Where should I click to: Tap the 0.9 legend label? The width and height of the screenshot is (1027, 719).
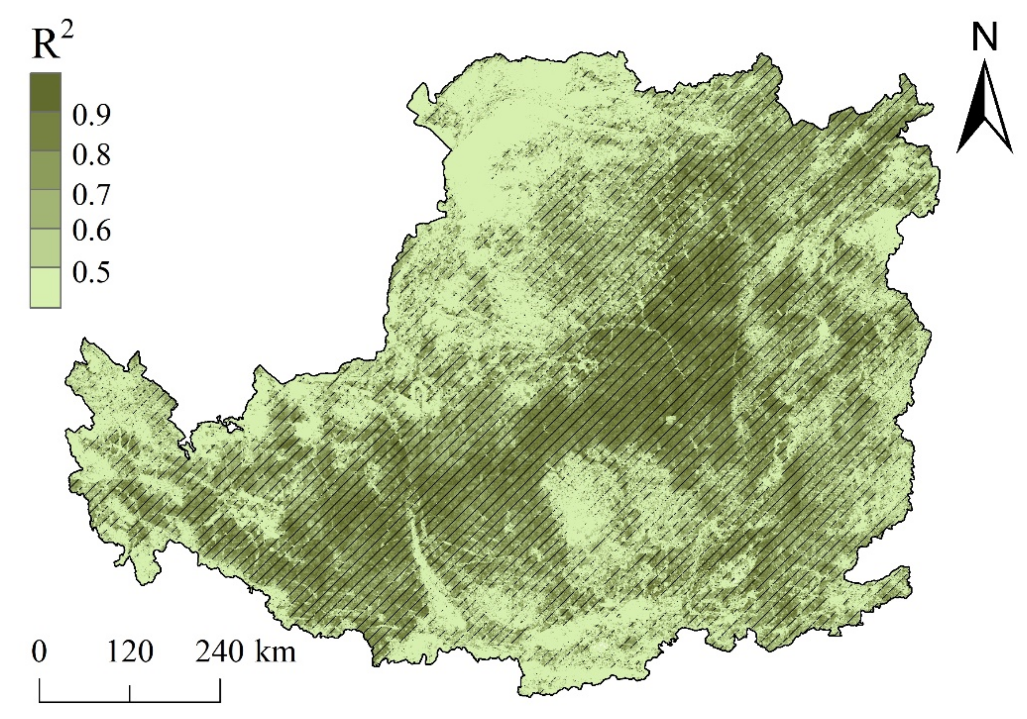(91, 116)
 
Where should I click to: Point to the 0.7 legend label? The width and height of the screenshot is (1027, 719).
(91, 195)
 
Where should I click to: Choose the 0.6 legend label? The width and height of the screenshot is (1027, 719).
(91, 232)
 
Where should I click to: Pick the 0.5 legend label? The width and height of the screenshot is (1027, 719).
(91, 271)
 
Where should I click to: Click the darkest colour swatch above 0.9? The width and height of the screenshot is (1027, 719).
(45, 92)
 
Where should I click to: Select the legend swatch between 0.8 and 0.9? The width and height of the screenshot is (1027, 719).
(45, 131)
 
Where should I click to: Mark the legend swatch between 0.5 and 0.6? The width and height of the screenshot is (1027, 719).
(45, 248)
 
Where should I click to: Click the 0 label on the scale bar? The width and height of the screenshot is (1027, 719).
(39, 653)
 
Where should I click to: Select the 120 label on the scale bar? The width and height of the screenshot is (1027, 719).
(130, 653)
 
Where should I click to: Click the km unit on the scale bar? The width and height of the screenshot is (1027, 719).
(275, 653)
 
